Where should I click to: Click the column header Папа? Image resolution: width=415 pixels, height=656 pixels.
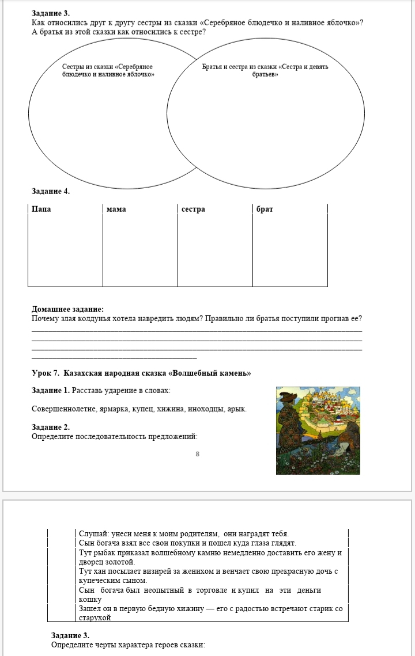point(41,209)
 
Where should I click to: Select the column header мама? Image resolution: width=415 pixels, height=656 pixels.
point(116,209)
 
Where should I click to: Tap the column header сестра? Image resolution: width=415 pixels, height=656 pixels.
point(193,209)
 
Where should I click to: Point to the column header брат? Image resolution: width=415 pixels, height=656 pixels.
point(265,209)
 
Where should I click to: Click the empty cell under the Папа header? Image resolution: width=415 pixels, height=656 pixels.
point(65,250)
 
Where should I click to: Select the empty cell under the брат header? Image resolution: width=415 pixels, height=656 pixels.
point(290,250)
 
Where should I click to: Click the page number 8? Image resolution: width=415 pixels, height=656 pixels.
point(197,454)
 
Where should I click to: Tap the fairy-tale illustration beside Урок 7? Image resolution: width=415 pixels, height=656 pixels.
point(318,430)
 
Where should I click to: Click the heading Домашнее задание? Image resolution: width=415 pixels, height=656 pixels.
point(67,309)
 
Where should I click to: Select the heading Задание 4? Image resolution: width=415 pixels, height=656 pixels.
point(51,191)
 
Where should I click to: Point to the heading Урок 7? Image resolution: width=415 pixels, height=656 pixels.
point(141,373)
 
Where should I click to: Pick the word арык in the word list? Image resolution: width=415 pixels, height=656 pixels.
point(237,409)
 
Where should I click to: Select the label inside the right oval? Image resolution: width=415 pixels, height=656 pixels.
point(265,71)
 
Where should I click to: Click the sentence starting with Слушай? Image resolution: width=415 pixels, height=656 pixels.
point(183,533)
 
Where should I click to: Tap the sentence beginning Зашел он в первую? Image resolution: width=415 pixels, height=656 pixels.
point(210,613)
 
